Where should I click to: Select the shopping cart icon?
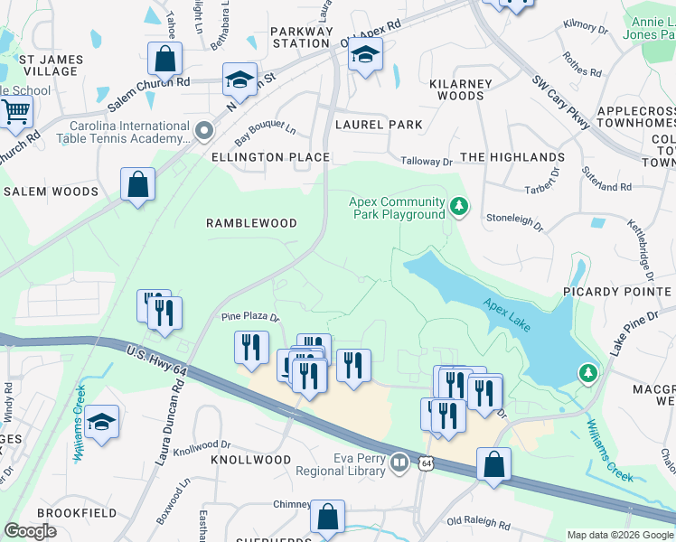pyautogui.click(x=14, y=113)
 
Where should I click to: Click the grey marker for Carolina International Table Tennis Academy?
pyautogui.click(x=204, y=132)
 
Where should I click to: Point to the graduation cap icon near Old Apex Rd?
pyautogui.click(x=365, y=59)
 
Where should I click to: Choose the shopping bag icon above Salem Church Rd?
pyautogui.click(x=165, y=60)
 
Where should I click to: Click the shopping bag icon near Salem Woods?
pyautogui.click(x=137, y=185)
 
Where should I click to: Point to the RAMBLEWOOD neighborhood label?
pyautogui.click(x=251, y=222)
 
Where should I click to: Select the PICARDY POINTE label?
pyautogui.click(x=618, y=292)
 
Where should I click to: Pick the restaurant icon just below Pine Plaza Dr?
pyautogui.click(x=250, y=349)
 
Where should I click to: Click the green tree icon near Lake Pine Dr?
pyautogui.click(x=588, y=372)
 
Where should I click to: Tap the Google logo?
pyautogui.click(x=30, y=531)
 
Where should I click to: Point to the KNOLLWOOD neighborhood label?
pyautogui.click(x=251, y=460)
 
